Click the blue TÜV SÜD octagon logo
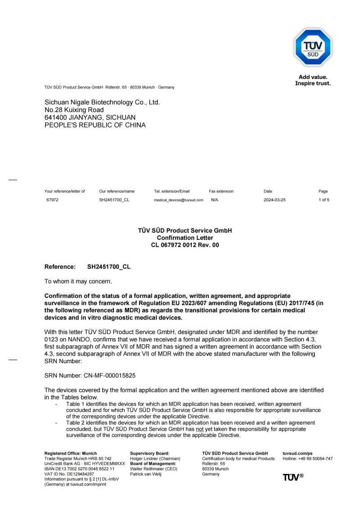pos(313,47)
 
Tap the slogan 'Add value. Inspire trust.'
pos(313,80)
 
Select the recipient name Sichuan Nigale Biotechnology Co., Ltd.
pos(102,102)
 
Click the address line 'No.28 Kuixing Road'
pos(74,110)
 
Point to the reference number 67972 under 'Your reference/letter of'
pos(52,200)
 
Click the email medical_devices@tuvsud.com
pos(179,200)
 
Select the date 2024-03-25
pos(274,200)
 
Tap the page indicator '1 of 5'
pos(324,200)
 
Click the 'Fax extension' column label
pos(221,191)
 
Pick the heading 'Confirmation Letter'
pos(185,238)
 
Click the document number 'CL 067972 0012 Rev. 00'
pos(185,245)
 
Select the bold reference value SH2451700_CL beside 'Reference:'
pos(109,267)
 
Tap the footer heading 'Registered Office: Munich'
pos(70,453)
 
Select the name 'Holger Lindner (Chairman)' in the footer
pos(155,459)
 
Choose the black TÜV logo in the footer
pos(293,477)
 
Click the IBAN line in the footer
pos(79,469)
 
